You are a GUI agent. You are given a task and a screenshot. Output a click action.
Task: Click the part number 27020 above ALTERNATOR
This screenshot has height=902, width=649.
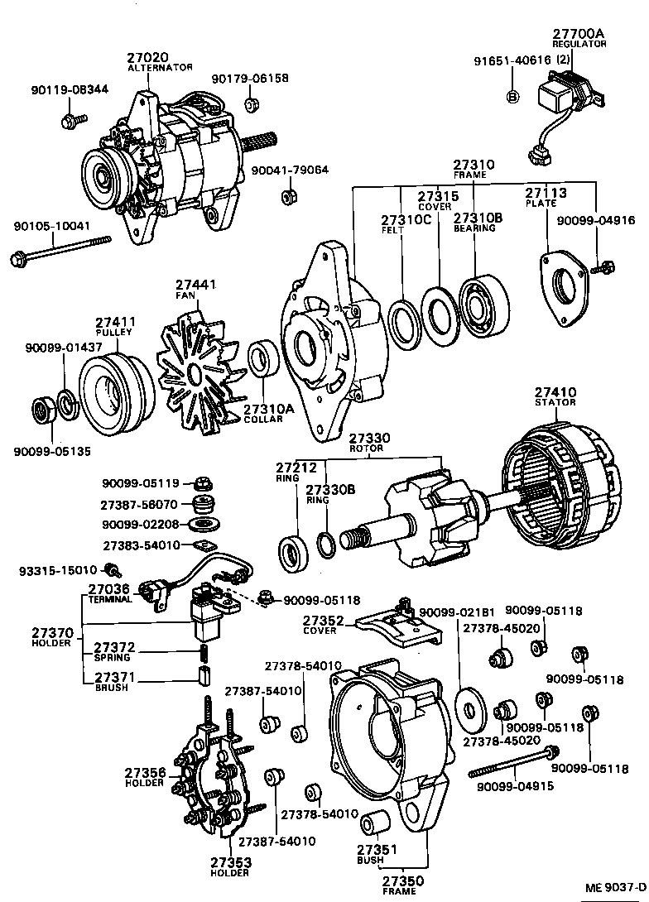point(147,58)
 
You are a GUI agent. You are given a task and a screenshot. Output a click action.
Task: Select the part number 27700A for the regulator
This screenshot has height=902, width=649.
point(579,34)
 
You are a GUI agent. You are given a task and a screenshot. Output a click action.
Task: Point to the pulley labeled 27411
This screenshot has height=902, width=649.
point(116,389)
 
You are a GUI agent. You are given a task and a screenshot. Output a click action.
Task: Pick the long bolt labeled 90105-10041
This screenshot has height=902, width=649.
point(63,250)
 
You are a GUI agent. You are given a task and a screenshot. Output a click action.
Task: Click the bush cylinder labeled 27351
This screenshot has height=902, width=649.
point(379,823)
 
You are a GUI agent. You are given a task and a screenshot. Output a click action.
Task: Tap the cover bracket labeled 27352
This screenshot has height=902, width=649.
point(397,628)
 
